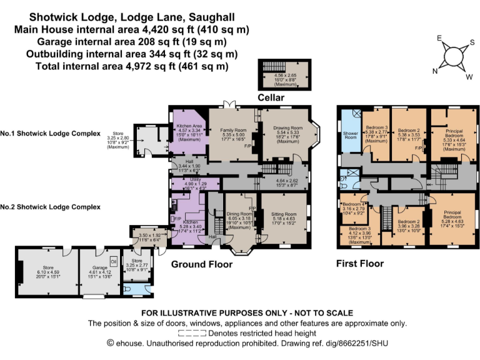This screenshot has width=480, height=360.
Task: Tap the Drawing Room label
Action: pyautogui.click(x=287, y=127)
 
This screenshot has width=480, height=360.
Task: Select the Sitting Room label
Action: pyautogui.click(x=285, y=214)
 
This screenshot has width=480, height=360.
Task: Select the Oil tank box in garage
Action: pyautogui.click(x=114, y=261)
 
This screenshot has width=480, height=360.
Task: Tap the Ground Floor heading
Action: pyautogui.click(x=202, y=264)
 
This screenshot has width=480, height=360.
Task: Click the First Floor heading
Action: pyautogui.click(x=359, y=264)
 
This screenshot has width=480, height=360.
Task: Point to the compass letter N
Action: pyautogui.click(x=434, y=71)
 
